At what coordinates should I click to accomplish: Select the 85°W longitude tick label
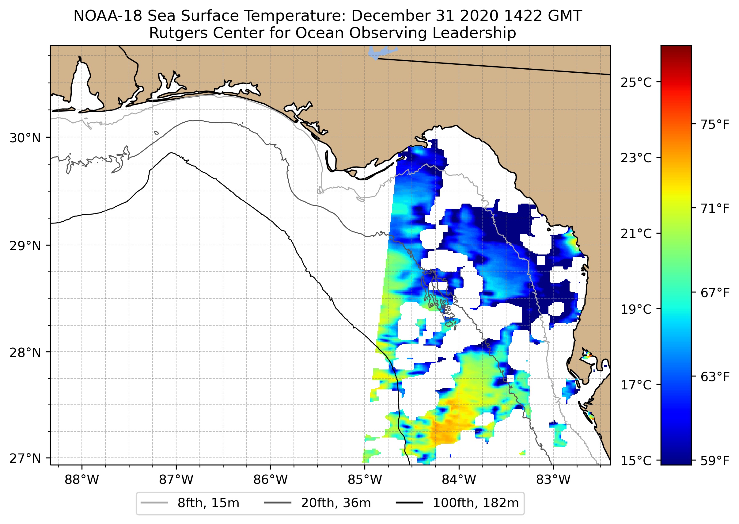[365, 480]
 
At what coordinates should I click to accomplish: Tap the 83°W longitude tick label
[553, 480]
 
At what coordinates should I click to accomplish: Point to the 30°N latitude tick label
[25, 138]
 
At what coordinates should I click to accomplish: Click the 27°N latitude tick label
[25, 458]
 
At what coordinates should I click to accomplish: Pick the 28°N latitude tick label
[25, 353]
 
